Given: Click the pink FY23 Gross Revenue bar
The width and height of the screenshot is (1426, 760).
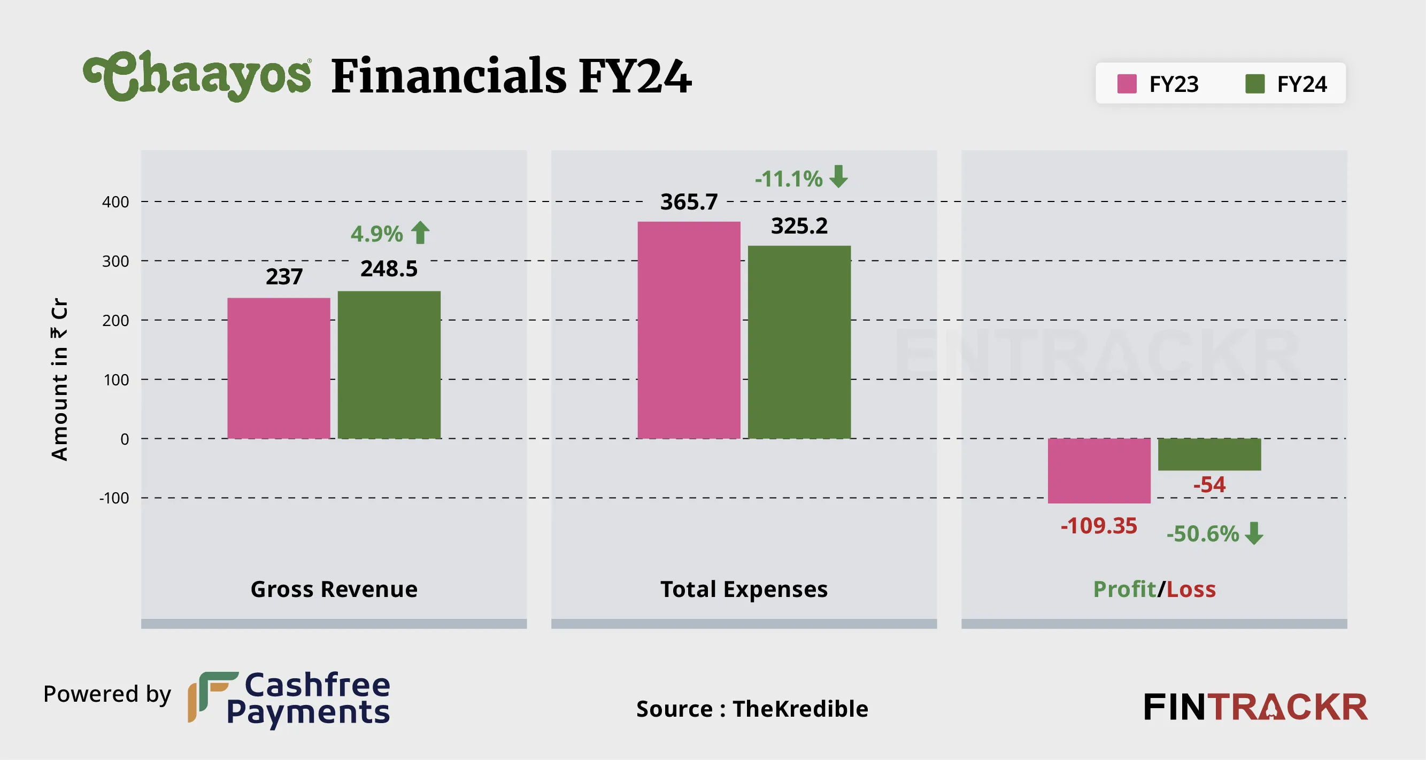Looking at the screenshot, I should [x=279, y=368].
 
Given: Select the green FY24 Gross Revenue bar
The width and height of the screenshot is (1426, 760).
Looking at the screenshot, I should [x=389, y=365].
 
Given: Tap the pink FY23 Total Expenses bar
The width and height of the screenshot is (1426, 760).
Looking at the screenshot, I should [x=689, y=330].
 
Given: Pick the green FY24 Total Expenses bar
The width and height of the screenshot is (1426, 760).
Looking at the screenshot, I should [x=799, y=342].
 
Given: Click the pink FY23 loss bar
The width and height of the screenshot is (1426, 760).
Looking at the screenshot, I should [x=1099, y=470].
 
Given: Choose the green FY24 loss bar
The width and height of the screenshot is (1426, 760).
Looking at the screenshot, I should [x=1209, y=454].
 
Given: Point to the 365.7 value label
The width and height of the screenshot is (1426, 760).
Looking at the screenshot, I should [x=689, y=202].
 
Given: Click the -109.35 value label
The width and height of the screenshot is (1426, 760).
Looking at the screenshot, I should [x=1098, y=526].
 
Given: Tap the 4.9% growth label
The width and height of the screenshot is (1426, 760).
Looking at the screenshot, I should [x=376, y=234].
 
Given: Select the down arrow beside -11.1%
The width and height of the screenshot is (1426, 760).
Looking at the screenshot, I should [x=839, y=176].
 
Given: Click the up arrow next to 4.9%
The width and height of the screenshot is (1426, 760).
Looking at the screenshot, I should [x=420, y=232].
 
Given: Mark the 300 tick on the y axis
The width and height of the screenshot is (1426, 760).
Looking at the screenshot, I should [x=115, y=261].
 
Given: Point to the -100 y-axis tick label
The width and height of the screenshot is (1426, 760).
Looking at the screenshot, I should [x=114, y=498].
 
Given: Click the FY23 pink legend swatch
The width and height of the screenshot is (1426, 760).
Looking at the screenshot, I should [x=1127, y=84].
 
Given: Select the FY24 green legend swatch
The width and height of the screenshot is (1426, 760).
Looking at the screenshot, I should [x=1254, y=84].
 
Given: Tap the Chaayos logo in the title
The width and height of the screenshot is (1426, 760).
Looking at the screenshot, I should [x=197, y=76].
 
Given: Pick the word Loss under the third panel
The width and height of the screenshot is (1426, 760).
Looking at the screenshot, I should [x=1191, y=590].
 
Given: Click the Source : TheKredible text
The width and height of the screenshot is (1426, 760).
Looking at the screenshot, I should [x=752, y=709].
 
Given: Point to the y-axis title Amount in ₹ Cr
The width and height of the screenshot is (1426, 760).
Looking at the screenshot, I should [x=59, y=379].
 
